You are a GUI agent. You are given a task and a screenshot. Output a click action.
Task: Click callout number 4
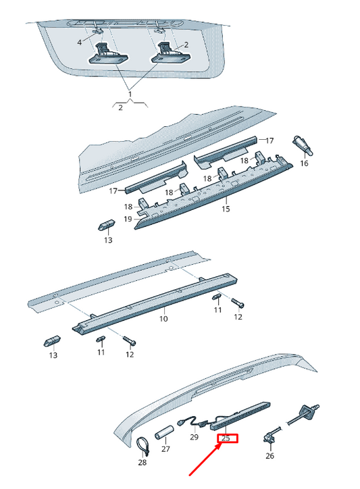pyautogui.click(x=80, y=42)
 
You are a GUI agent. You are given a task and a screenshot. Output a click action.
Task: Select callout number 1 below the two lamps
pyautogui.click(x=130, y=94)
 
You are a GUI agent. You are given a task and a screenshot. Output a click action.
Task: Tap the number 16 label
pyautogui.click(x=304, y=163)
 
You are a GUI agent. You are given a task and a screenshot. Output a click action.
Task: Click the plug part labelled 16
pyautogui.click(x=303, y=145)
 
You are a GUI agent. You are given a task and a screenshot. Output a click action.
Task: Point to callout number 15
pyautogui.click(x=226, y=209)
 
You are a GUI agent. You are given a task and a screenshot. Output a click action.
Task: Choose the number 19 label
pyautogui.click(x=128, y=220)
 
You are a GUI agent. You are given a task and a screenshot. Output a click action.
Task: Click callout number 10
pyautogui.click(x=163, y=319)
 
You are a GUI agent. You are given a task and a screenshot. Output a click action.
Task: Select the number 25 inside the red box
pyautogui.click(x=226, y=438)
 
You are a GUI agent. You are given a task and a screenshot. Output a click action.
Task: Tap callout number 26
pyautogui.click(x=269, y=456)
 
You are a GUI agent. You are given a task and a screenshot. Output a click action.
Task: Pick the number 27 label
pyautogui.click(x=165, y=448)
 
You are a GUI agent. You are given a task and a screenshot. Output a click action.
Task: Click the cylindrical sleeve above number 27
pyautogui.click(x=165, y=432)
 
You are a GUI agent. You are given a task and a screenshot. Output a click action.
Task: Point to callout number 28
pyautogui.click(x=143, y=462)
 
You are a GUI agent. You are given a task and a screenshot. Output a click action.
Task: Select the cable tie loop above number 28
pyautogui.click(x=143, y=445)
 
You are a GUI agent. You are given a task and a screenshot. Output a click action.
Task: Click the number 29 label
pyautogui.click(x=194, y=437)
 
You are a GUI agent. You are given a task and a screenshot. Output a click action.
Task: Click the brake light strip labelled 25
pyautogui.click(x=240, y=415)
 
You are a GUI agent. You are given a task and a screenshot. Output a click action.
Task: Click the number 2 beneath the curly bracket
pyautogui.click(x=120, y=107)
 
